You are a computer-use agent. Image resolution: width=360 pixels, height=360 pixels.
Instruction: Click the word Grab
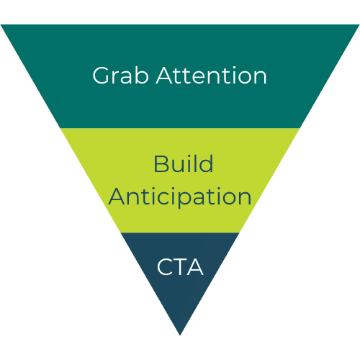click(120, 76)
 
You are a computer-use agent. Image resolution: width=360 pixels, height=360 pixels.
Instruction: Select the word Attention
click(211, 76)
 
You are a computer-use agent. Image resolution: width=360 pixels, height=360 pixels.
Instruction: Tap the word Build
click(184, 163)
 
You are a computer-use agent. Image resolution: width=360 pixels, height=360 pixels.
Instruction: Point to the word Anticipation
click(180, 197)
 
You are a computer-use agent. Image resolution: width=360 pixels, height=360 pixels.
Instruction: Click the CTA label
click(180, 267)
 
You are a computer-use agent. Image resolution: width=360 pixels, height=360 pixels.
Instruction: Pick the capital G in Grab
click(101, 76)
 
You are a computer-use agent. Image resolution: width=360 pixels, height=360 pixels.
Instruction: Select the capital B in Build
click(161, 164)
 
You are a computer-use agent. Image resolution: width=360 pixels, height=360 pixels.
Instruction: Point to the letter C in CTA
click(165, 267)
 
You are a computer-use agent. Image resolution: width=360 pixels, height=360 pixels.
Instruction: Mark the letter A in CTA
click(195, 267)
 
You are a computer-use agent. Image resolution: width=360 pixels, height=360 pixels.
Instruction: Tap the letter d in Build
click(206, 163)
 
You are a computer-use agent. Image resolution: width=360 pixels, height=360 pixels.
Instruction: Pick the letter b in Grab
click(142, 76)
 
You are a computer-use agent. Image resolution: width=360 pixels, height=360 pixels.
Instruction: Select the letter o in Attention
click(243, 78)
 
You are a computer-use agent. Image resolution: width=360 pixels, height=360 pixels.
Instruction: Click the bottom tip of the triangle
click(180, 335)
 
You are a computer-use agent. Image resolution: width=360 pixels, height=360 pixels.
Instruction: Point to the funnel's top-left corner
click(1, 24)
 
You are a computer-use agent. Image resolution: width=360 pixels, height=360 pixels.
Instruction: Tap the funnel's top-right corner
click(359, 24)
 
